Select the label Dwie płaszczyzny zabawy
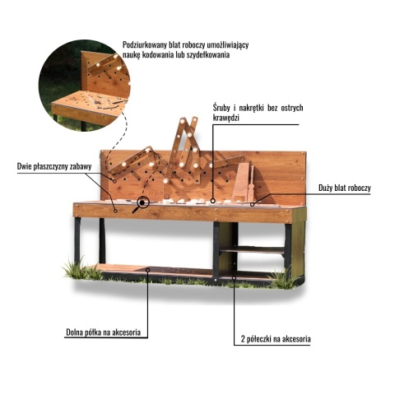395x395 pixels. (x=54, y=166)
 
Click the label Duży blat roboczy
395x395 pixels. (x=345, y=188)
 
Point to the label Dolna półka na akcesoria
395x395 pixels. (x=104, y=332)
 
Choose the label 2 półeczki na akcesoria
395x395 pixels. (x=276, y=339)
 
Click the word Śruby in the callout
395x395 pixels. (x=221, y=108)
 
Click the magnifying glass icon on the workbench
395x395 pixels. (x=141, y=203)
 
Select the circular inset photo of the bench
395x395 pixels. (x=85, y=86)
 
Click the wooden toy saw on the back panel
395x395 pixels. (x=241, y=181)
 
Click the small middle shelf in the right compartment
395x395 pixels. (x=252, y=249)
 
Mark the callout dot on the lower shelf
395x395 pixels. (x=148, y=270)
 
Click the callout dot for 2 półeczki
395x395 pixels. (x=234, y=278)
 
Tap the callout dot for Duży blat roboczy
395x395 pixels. (x=252, y=204)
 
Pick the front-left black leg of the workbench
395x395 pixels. (x=77, y=241)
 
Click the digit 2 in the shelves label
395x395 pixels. (x=243, y=339)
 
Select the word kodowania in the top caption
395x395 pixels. (x=157, y=54)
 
